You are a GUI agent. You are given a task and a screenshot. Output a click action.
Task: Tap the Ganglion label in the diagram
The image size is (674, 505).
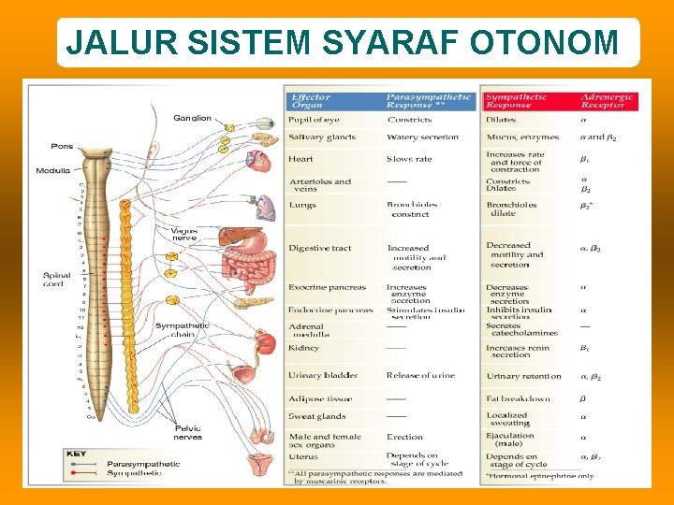[x=193, y=118]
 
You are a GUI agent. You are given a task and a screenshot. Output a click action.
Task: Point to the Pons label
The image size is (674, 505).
[x=61, y=147]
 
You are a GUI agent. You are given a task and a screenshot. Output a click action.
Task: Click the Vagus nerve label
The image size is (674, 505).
[x=183, y=234]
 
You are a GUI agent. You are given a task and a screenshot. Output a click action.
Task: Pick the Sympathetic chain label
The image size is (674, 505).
[x=183, y=330]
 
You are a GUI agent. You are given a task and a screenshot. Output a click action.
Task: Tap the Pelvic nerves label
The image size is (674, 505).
[x=188, y=432]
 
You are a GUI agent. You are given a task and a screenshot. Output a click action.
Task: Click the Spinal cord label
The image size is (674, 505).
[x=56, y=280]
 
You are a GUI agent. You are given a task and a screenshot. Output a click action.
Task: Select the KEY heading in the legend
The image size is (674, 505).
[x=77, y=454]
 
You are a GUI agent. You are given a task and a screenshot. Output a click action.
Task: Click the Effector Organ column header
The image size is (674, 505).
[x=311, y=101]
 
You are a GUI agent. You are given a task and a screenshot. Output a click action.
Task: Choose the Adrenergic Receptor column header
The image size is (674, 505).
[x=608, y=101]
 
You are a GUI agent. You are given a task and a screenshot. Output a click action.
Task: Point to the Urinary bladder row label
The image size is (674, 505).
[x=323, y=375]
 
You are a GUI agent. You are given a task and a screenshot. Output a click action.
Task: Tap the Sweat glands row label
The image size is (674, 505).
[x=317, y=416]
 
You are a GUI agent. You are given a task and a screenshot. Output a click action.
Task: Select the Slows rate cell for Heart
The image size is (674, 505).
[x=409, y=159]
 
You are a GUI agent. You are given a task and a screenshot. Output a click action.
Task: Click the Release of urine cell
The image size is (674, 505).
[x=420, y=375]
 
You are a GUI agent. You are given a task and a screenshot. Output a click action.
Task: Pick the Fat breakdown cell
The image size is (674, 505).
[x=518, y=398]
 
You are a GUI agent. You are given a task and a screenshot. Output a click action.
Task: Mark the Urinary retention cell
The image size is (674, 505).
[x=524, y=376]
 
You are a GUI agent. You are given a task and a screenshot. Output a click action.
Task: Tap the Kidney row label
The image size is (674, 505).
[x=304, y=348]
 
